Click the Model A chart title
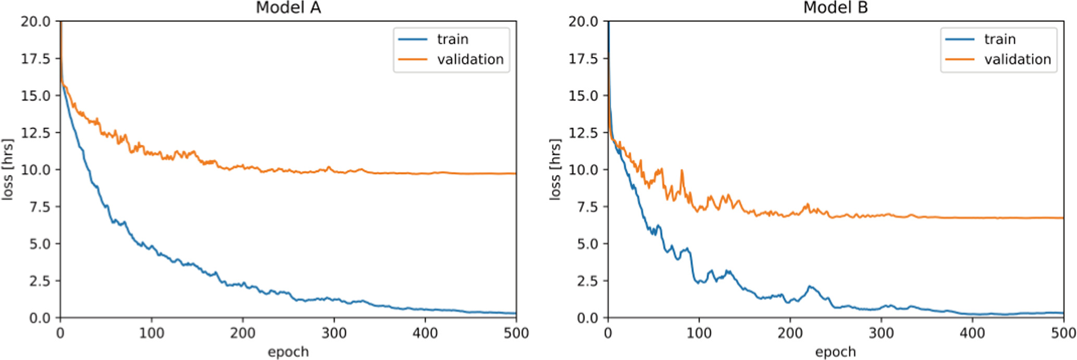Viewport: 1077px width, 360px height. click(288, 8)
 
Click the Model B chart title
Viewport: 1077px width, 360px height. click(835, 8)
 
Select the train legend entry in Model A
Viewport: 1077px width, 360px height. click(452, 40)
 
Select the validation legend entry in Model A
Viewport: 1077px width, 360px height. click(469, 59)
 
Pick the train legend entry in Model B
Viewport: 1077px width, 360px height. click(999, 40)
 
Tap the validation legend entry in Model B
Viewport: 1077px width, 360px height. click(1017, 59)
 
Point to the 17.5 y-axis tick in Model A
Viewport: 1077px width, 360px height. click(35, 59)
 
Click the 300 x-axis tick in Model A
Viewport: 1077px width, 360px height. click(334, 333)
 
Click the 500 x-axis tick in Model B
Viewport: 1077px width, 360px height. click(1063, 333)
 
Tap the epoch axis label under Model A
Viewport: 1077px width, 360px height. click(288, 352)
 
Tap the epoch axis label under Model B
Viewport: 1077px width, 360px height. click(835, 352)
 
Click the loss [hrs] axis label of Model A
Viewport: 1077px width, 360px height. click(7, 169)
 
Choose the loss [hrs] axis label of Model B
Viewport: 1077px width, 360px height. click(555, 169)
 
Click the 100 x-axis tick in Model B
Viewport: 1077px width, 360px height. click(699, 333)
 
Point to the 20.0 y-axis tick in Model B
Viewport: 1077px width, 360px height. click(583, 22)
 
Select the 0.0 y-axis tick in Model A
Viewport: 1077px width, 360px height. click(40, 318)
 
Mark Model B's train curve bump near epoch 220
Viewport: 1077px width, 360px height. click(809, 287)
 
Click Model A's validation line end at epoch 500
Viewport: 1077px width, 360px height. click(515, 173)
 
